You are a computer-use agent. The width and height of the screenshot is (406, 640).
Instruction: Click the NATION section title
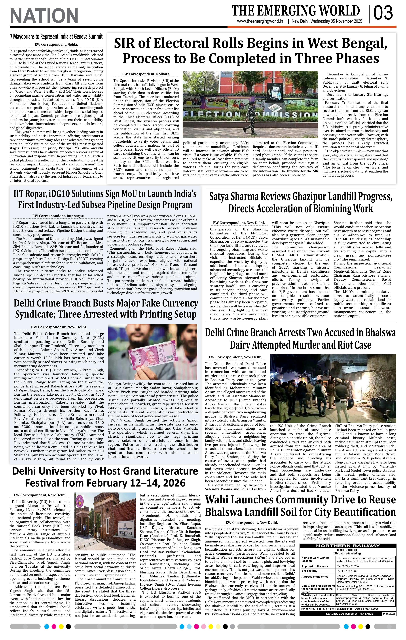[44, 16]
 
